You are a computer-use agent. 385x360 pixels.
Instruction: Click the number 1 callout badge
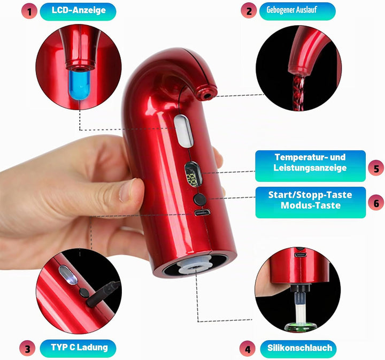29,12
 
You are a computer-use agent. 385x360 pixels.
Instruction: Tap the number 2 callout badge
249,11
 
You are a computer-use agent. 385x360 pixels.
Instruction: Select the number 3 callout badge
27,348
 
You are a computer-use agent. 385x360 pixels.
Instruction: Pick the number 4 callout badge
248,349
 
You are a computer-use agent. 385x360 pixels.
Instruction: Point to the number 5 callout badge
376,168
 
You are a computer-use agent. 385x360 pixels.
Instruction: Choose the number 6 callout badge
376,203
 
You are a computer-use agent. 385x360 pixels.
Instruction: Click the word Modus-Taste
311,205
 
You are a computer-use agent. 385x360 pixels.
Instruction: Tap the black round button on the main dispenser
200,200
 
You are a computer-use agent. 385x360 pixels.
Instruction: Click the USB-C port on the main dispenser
202,212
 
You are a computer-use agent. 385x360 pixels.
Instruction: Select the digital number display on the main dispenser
194,174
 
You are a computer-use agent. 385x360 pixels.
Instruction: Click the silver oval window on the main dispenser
183,131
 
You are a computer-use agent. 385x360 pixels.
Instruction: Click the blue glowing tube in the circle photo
79,85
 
